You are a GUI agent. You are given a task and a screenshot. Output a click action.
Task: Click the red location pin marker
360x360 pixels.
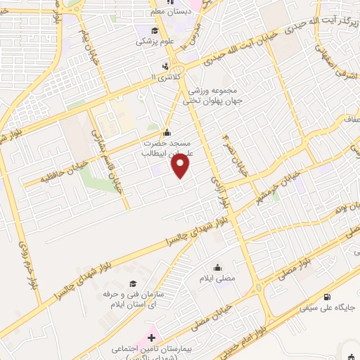[181, 166]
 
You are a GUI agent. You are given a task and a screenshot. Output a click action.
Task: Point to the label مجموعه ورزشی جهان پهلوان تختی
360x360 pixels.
[204, 96]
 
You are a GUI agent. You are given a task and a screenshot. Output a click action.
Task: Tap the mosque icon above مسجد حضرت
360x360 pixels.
[166, 133]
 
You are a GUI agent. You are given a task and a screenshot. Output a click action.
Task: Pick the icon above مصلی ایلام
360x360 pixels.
[217, 267]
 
